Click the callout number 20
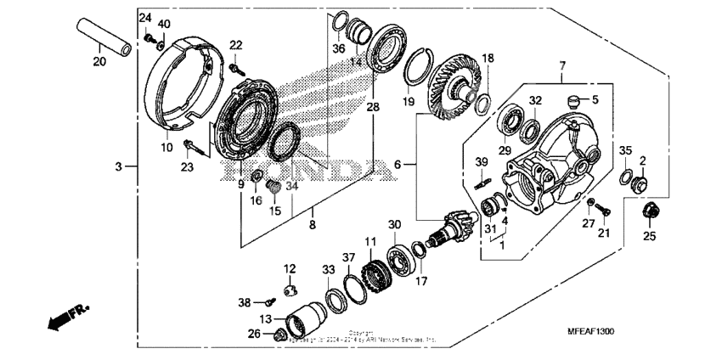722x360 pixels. [99, 62]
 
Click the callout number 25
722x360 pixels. [650, 236]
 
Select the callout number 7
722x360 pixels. [561, 65]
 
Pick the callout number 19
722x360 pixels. [408, 102]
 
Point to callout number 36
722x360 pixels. [338, 48]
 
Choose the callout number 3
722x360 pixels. [120, 166]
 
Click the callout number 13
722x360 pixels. [265, 318]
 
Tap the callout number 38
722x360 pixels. [245, 301]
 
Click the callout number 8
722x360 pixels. [313, 225]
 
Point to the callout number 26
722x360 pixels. [253, 334]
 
